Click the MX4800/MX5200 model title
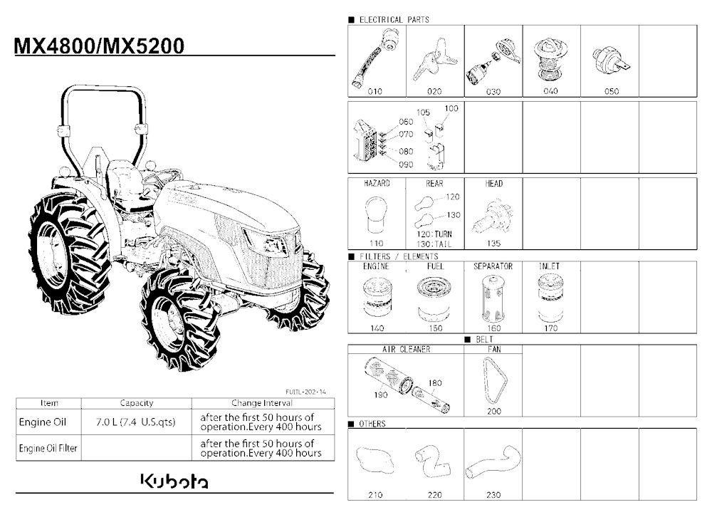point(100,46)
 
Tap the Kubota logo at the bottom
point(174,481)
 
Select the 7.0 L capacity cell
point(136,422)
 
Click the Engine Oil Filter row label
point(48,449)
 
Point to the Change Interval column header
point(262,403)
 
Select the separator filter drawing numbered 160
point(493,298)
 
